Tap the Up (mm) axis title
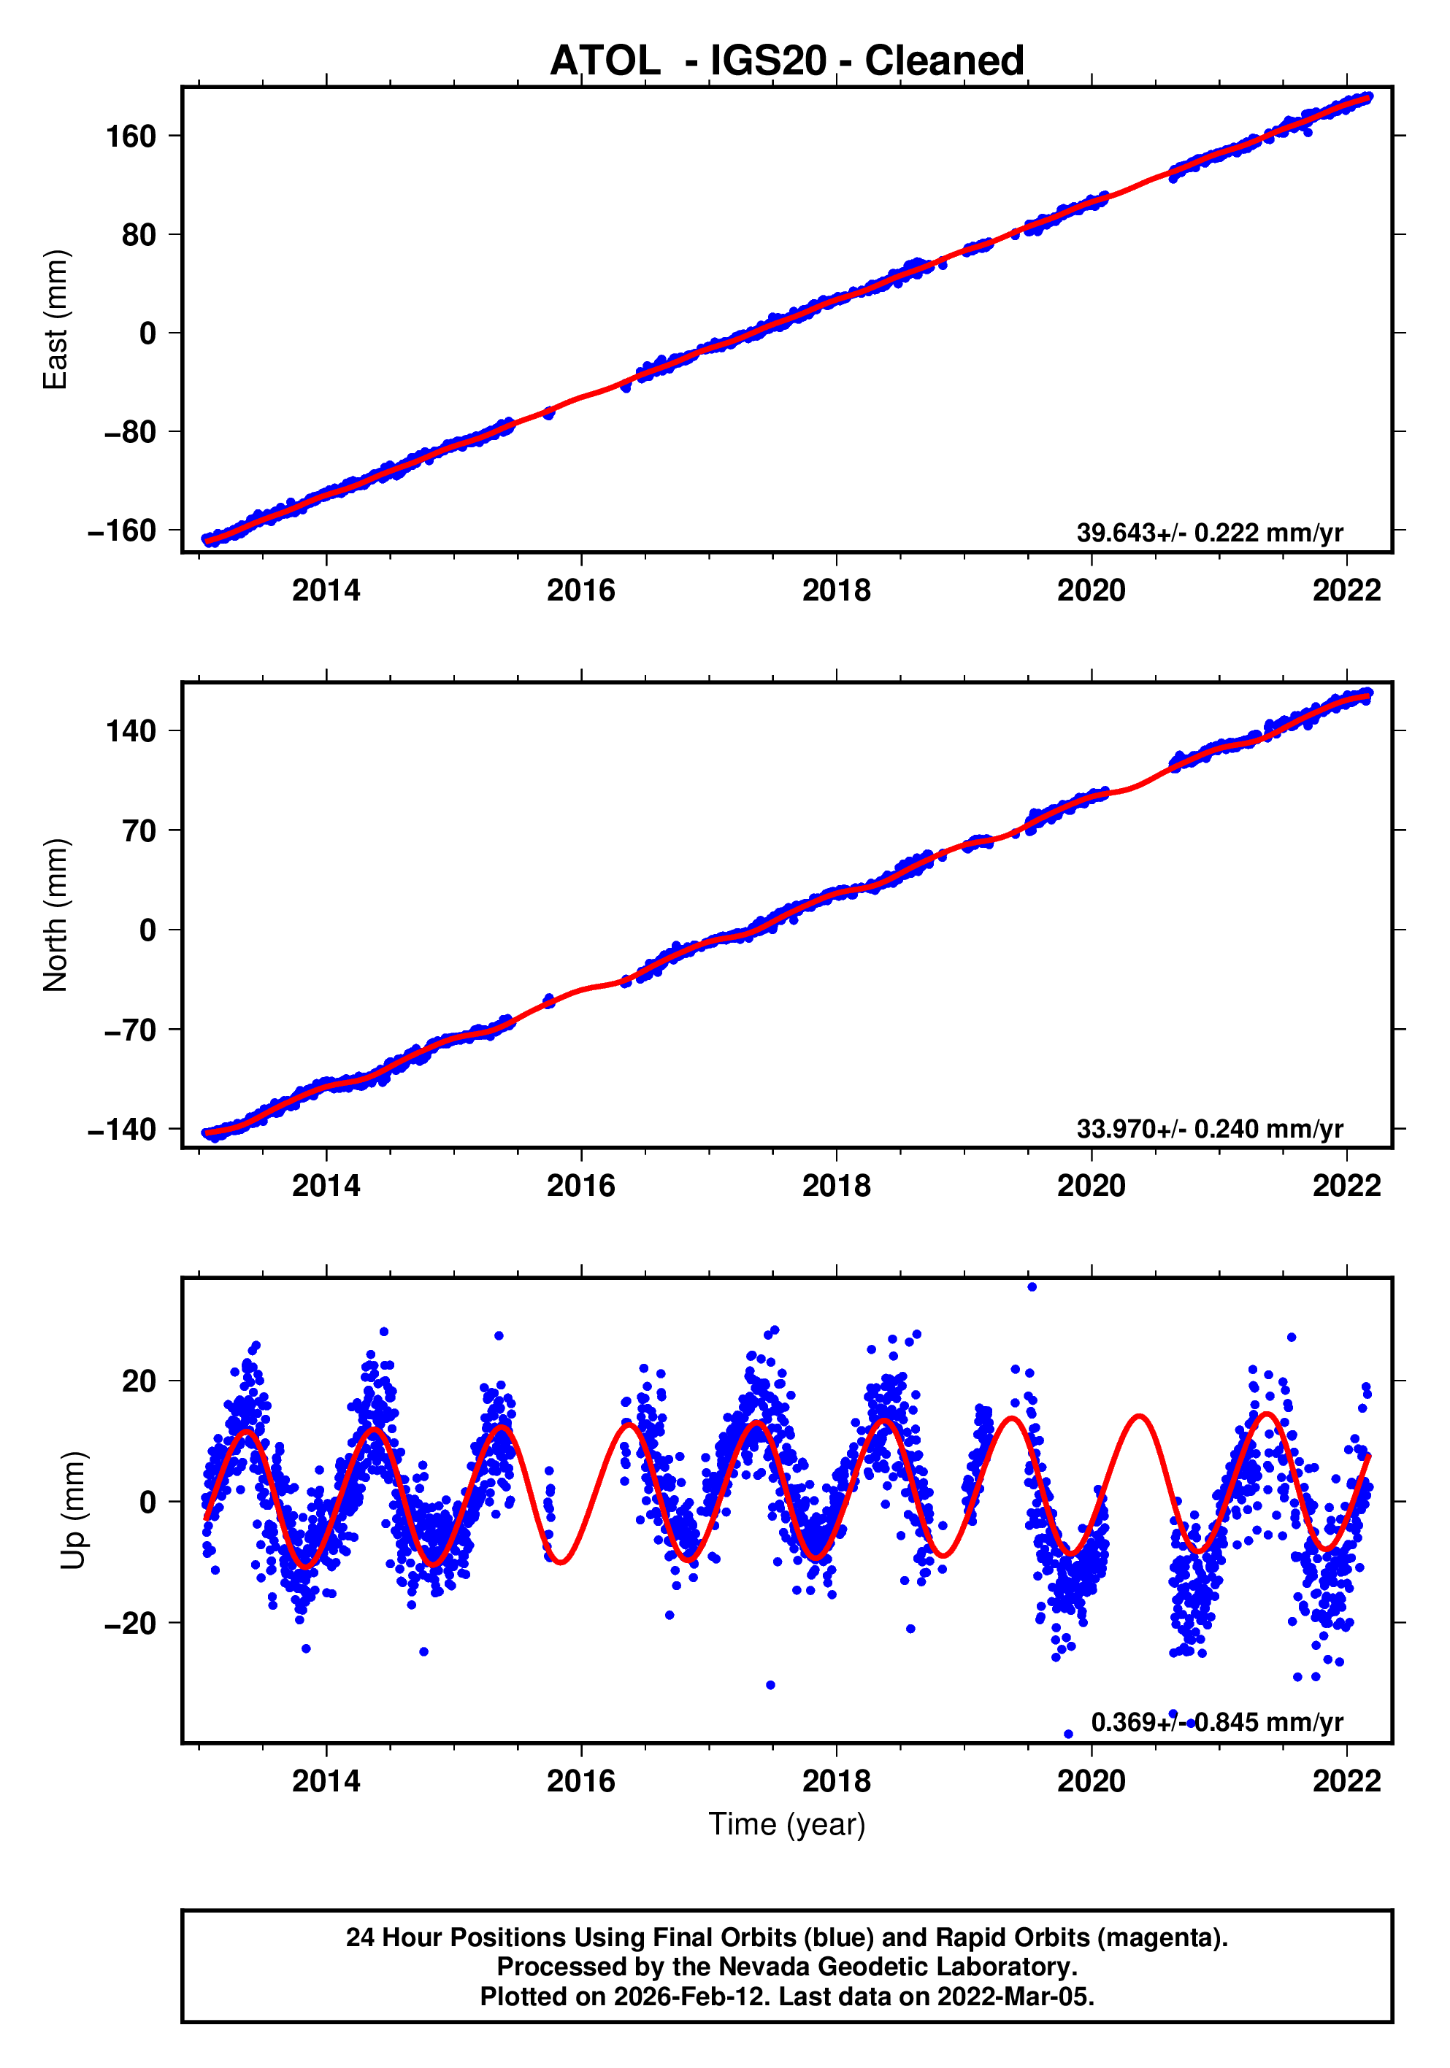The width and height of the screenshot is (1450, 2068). (x=74, y=1511)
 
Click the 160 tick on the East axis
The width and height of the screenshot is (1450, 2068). (x=131, y=137)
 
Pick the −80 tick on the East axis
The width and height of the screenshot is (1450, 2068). (x=131, y=432)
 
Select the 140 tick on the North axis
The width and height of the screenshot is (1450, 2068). (x=131, y=730)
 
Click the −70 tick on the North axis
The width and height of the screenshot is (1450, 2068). (x=131, y=1030)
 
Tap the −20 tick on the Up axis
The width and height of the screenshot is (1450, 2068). (x=131, y=1623)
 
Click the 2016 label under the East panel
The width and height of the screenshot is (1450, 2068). (x=580, y=591)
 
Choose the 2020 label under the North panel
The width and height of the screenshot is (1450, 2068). (x=1091, y=1187)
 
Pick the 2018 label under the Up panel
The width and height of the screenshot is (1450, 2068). (x=835, y=1781)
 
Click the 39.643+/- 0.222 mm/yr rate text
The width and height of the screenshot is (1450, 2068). (x=1208, y=533)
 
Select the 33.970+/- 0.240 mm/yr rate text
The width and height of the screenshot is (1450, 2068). (x=1208, y=1129)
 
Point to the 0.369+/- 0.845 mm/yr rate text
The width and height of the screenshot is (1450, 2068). (x=1216, y=1722)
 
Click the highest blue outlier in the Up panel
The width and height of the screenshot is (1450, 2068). (x=1031, y=1287)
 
